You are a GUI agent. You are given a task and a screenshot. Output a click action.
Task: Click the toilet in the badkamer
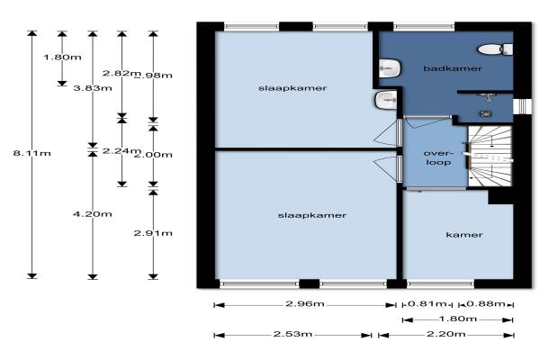491,49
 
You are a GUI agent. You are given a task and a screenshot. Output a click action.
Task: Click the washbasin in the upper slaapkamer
383,99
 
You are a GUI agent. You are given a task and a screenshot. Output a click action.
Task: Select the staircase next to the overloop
489,156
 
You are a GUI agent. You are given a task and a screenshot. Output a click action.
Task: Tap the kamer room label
464,235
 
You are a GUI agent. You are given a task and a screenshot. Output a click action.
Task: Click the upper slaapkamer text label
279,88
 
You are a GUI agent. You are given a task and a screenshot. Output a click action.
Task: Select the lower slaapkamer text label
300,215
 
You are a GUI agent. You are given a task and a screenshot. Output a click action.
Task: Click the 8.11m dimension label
31,154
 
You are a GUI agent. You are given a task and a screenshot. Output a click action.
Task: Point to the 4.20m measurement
92,213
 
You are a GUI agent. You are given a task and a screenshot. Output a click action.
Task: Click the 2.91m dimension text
152,233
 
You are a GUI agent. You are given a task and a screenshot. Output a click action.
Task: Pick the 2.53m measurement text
293,335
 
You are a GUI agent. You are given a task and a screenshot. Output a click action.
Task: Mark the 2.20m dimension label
445,335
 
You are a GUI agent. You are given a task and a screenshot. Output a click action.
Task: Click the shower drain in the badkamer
486,113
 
